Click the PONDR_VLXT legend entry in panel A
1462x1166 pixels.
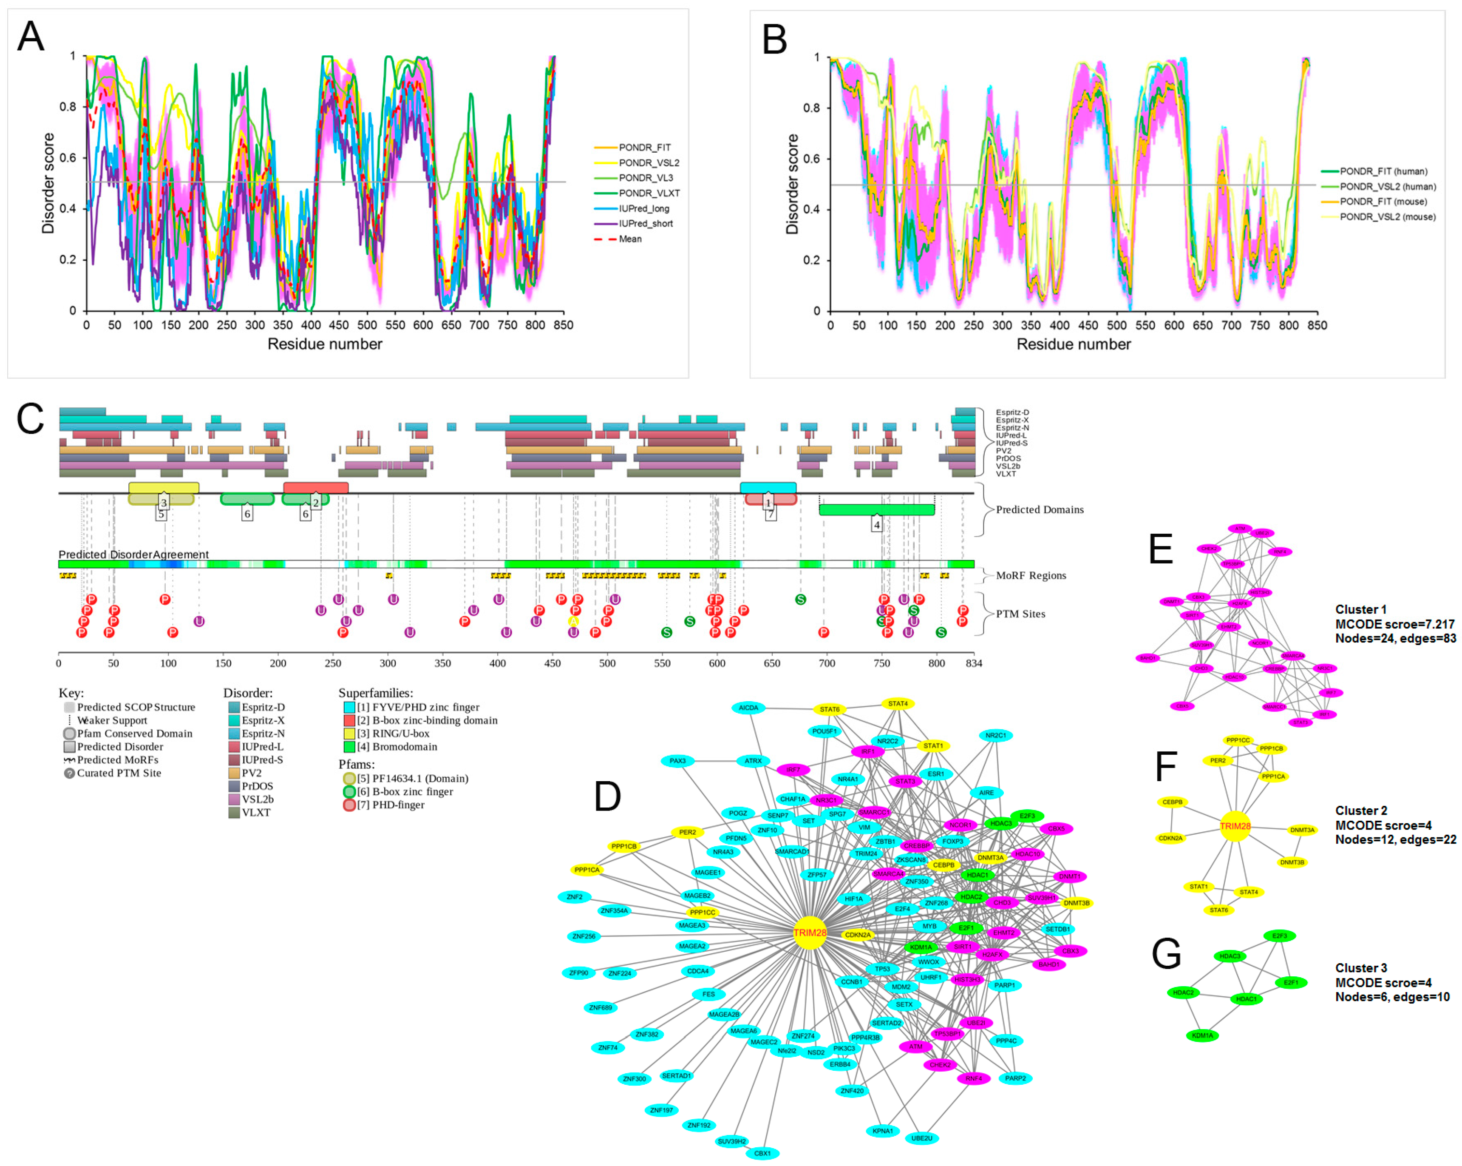pyautogui.click(x=648, y=193)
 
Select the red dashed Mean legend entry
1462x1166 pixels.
pyautogui.click(x=629, y=239)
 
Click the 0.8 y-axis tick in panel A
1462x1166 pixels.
pyautogui.click(x=68, y=106)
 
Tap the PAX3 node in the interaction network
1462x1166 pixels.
pyautogui.click(x=677, y=761)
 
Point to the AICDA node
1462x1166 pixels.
pyautogui.click(x=748, y=708)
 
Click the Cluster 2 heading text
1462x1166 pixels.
pyautogui.click(x=1360, y=811)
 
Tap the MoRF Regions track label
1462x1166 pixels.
pyautogui.click(x=1030, y=576)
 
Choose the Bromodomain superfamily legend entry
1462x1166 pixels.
pyautogui.click(x=397, y=747)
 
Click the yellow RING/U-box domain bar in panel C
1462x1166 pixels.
pyautogui.click(x=164, y=488)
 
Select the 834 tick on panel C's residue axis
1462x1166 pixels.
pyautogui.click(x=974, y=663)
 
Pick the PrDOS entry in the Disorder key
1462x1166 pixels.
pyautogui.click(x=257, y=786)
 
